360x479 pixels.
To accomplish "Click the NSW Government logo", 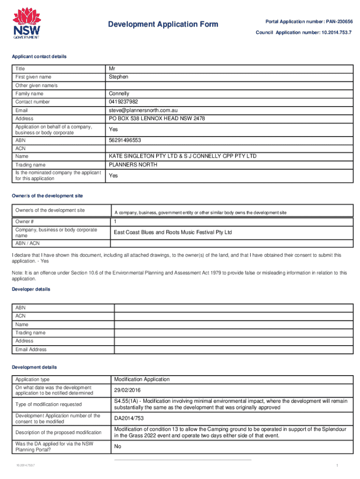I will coord(26,23).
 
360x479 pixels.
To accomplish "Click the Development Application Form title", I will coord(163,24).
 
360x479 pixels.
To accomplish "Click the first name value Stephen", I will coord(118,77).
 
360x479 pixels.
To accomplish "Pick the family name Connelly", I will coord(119,94).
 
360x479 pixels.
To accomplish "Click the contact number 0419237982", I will coord(124,102).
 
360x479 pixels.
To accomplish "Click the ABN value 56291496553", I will coord(125,140).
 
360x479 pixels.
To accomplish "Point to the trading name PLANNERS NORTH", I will coord(133,165).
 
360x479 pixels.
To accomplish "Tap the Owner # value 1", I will coord(115,221).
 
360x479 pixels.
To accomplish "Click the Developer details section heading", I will coord(31,289).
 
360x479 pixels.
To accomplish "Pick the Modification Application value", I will coord(142,379).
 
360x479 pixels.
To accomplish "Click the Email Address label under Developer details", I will coord(31,349).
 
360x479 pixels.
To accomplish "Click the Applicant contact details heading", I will coord(39,57).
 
